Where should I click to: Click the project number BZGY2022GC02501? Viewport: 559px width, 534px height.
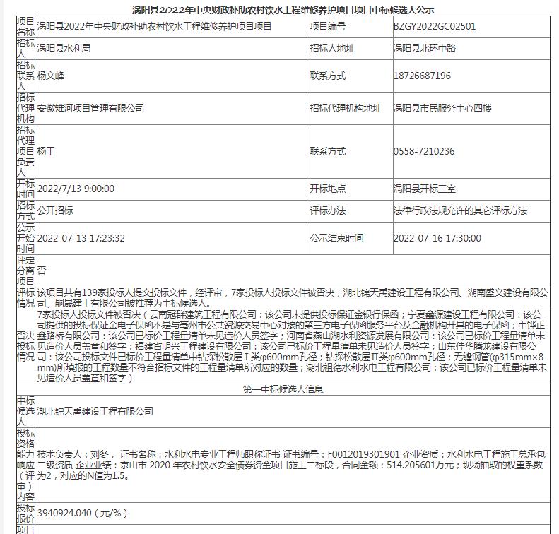434,26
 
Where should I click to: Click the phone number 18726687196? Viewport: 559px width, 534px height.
422,76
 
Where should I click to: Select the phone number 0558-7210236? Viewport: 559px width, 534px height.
423,151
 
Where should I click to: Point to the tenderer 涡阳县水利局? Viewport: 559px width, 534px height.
64,49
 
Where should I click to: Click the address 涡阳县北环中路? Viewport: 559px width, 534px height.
424,49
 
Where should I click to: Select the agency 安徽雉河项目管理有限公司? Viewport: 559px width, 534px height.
90,108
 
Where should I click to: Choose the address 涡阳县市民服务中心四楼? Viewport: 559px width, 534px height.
442,108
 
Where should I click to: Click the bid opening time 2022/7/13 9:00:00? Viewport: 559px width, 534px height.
76,189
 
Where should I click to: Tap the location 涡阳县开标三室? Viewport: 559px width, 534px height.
424,189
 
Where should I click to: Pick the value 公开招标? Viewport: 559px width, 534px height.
55,210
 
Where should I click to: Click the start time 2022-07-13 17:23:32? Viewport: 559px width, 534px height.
81,238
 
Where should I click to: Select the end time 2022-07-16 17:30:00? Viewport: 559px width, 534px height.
437,238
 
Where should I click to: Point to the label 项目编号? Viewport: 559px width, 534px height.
327,26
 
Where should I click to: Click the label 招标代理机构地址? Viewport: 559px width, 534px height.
345,108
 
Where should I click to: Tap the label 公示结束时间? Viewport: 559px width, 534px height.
336,238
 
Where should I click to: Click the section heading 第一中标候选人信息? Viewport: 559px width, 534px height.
283,389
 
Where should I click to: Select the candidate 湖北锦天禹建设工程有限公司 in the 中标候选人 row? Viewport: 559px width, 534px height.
95,411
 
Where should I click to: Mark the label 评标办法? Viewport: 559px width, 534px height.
327,210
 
